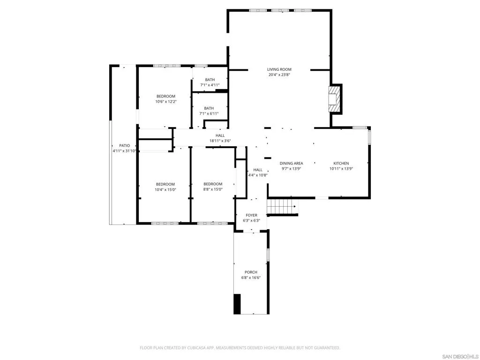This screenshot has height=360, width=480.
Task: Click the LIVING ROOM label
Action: tap(279, 69)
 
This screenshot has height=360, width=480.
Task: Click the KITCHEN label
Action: tap(341, 163)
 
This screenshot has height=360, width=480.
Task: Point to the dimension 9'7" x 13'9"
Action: tap(291, 169)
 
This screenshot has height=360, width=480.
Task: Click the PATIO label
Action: tap(124, 145)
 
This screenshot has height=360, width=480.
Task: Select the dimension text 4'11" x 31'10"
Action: tap(124, 151)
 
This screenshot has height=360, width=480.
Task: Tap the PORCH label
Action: tap(251, 272)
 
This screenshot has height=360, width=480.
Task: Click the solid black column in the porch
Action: tap(237, 304)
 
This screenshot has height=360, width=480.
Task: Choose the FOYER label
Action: tap(251, 215)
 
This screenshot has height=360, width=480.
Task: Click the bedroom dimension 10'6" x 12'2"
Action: tap(165, 102)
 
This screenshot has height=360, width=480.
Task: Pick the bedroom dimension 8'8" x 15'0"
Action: tap(212, 189)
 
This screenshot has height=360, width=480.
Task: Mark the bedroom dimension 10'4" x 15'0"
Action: tap(165, 189)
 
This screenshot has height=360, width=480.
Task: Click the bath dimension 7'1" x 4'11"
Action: tap(210, 85)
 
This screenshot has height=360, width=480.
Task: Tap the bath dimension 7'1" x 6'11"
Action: tap(209, 114)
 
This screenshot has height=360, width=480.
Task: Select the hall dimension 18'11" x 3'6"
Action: tap(220, 141)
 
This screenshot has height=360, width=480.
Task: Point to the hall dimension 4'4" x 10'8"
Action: tap(258, 175)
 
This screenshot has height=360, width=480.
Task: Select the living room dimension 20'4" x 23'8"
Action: tap(279, 75)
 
